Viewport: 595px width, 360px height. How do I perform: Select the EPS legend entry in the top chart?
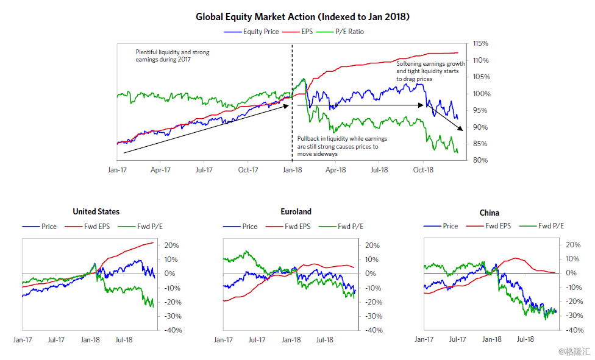point(297,32)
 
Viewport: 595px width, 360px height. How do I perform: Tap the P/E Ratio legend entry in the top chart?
point(340,32)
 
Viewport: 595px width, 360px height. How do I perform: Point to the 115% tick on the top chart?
point(480,44)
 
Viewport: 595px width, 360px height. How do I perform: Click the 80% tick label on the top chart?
point(480,160)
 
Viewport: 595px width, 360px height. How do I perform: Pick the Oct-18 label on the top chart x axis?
point(423,170)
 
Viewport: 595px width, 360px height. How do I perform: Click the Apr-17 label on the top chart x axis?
point(160,170)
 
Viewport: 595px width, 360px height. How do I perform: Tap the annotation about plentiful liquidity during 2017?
point(173,56)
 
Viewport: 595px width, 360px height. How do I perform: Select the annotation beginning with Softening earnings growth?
point(430,71)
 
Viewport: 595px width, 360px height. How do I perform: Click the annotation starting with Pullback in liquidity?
point(342,146)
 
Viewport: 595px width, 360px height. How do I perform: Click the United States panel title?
point(96,212)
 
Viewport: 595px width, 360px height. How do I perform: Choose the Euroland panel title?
point(296,212)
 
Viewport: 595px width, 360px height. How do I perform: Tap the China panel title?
point(489,213)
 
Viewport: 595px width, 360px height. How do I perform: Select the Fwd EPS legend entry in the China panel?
point(489,226)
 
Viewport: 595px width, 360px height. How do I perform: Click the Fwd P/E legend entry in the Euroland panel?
point(341,227)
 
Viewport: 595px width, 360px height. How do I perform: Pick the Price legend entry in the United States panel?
point(40,227)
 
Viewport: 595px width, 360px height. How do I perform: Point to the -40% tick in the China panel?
point(574,330)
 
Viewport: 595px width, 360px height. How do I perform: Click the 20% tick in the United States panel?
point(171,245)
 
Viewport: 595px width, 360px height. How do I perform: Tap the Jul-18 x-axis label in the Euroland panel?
point(325,340)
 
